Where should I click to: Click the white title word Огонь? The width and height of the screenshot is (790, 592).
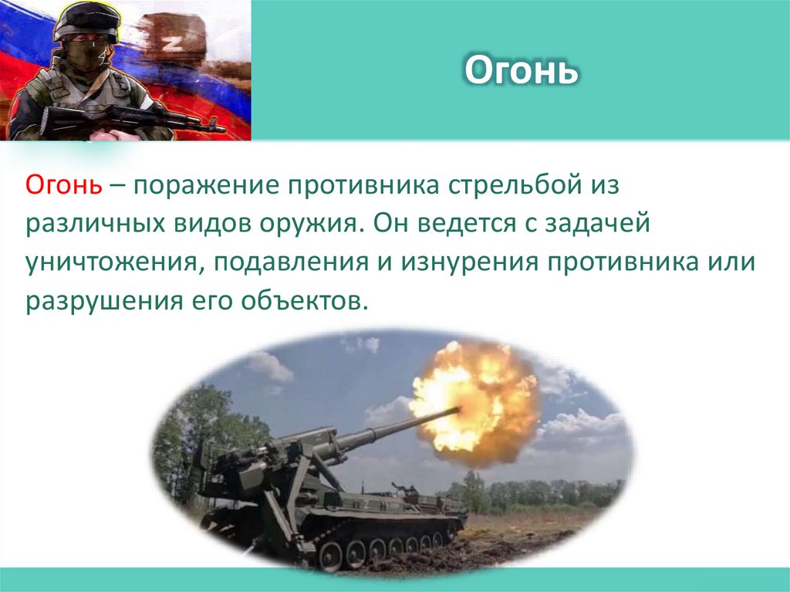pyautogui.click(x=521, y=71)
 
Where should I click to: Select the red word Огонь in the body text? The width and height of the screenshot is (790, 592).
pyautogui.click(x=62, y=184)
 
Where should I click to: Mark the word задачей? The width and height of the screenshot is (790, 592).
pyautogui.click(x=602, y=223)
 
